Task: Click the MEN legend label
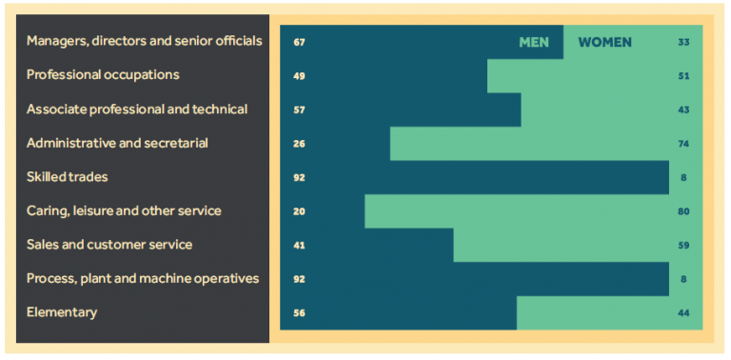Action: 534,42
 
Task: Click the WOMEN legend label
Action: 604,42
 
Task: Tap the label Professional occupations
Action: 103,74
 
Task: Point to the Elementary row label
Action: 62,312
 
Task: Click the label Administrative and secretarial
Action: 117,143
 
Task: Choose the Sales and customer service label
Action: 109,245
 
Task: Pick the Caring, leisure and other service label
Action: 124,210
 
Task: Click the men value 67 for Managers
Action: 299,42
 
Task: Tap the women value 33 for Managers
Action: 683,42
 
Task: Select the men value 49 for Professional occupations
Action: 299,75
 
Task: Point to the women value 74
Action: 683,144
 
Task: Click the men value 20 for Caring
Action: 299,211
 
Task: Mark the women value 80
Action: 683,211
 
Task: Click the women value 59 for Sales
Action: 683,245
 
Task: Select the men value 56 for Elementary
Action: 299,312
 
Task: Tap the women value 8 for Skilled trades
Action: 683,177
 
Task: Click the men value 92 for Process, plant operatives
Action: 299,279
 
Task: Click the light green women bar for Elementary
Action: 590,312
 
